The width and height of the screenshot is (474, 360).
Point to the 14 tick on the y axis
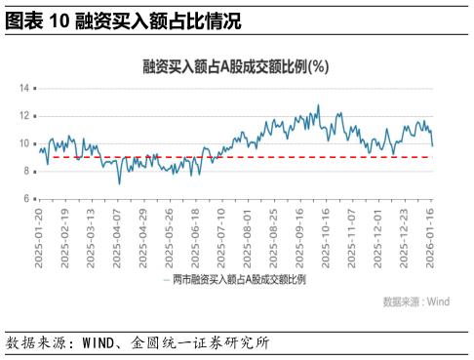(x=26, y=88)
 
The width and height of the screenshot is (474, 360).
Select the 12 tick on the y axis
(x=26, y=115)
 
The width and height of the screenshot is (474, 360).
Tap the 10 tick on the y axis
(x=26, y=143)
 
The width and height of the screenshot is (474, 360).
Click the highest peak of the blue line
(x=318, y=105)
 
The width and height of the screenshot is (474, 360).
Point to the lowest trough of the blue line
(x=119, y=183)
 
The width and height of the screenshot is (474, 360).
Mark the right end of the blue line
(x=433, y=145)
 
